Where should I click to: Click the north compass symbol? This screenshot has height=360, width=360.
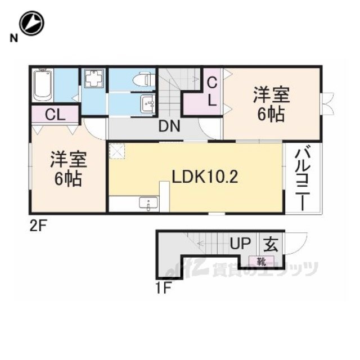coord(31,23)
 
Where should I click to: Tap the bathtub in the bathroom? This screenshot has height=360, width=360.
coord(42,85)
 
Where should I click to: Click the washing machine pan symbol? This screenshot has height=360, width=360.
coord(94,78)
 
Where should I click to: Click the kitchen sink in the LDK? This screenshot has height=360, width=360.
coord(148,204)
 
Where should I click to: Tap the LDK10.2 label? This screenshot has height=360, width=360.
coord(205,177)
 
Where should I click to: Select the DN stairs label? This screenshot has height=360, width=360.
coord(169,126)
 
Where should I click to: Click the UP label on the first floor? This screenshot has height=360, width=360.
coord(240,243)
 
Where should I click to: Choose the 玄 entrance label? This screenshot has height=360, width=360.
coord(271,244)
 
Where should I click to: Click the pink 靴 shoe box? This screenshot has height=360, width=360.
coord(262,261)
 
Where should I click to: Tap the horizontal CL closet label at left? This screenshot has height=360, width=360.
coord(55,115)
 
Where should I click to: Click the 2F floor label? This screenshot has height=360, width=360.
coord(38,227)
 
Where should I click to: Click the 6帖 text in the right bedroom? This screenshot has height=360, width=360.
coord(271,114)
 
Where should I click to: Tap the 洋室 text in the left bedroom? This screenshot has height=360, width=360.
coord(69,159)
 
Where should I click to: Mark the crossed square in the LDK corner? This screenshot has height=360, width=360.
coord(117,151)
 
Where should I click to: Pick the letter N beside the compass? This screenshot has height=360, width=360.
coord(13,38)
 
